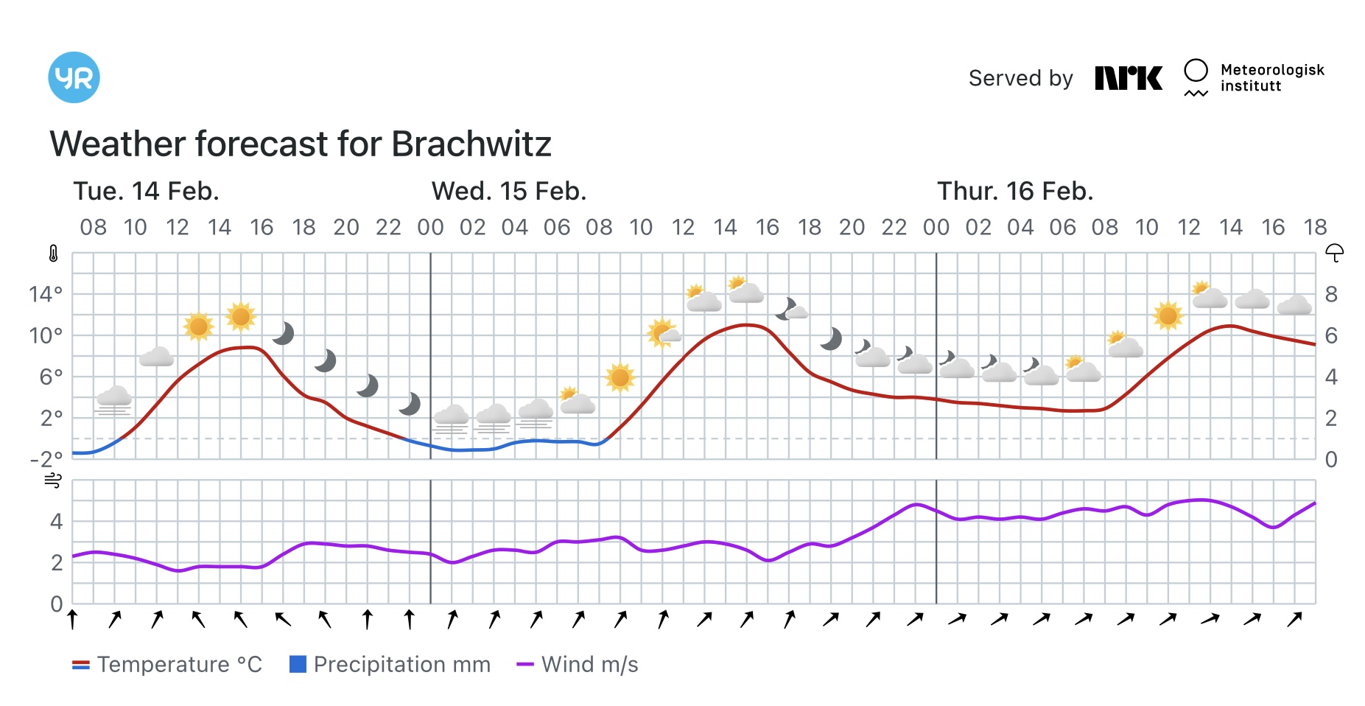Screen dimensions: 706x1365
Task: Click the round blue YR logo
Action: pyautogui.click(x=74, y=77)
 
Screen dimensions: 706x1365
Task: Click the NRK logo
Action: pyautogui.click(x=1128, y=78)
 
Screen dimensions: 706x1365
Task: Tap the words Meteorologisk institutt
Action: pyautogui.click(x=1271, y=77)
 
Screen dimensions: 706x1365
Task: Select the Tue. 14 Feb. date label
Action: pyautogui.click(x=146, y=192)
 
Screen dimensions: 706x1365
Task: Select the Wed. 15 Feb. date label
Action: pyautogui.click(x=508, y=192)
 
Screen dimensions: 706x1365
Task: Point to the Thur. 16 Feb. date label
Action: pyautogui.click(x=1014, y=192)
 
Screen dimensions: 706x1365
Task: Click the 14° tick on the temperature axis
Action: pyautogui.click(x=46, y=295)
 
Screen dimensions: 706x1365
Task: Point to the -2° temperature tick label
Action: pyautogui.click(x=46, y=460)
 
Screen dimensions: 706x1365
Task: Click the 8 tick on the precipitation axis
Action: pyautogui.click(x=1331, y=295)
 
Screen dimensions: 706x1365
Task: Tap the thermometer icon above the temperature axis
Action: pyautogui.click(x=53, y=254)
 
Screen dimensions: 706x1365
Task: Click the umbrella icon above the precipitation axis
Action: pyautogui.click(x=1334, y=254)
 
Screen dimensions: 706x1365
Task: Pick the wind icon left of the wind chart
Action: pyautogui.click(x=53, y=481)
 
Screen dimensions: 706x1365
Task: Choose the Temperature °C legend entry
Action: pyautogui.click(x=167, y=665)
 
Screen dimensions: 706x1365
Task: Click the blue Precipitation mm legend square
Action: pyautogui.click(x=298, y=665)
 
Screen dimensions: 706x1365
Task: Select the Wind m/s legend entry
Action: pyautogui.click(x=578, y=665)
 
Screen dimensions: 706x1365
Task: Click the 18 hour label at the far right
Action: pyautogui.click(x=1315, y=227)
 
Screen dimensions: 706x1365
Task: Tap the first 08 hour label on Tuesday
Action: pyautogui.click(x=93, y=227)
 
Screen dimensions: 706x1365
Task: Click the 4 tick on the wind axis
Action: pyautogui.click(x=56, y=522)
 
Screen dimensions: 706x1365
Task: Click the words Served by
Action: pyautogui.click(x=1020, y=78)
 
